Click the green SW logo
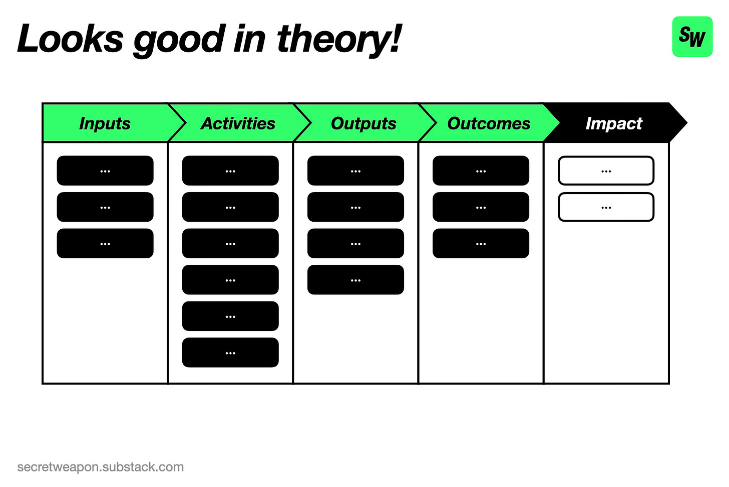pyautogui.click(x=692, y=37)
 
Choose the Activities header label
pyautogui.click(x=238, y=123)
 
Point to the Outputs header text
pyautogui.click(x=363, y=123)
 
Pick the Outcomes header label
pyautogui.click(x=489, y=123)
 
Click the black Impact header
pyautogui.click(x=615, y=123)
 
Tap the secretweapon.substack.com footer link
pyautogui.click(x=101, y=467)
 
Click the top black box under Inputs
pyautogui.click(x=105, y=171)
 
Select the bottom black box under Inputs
pyautogui.click(x=105, y=244)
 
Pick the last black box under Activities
pyautogui.click(x=230, y=353)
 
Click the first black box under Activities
pyautogui.click(x=230, y=171)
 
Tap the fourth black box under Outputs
pyautogui.click(x=355, y=280)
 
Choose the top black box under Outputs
pyautogui.click(x=355, y=171)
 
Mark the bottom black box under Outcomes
pyautogui.click(x=481, y=244)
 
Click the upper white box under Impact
pyautogui.click(x=606, y=171)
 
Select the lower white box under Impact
pyautogui.click(x=606, y=207)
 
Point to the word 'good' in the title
pyautogui.click(x=179, y=41)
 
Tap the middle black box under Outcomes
pyautogui.click(x=481, y=207)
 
